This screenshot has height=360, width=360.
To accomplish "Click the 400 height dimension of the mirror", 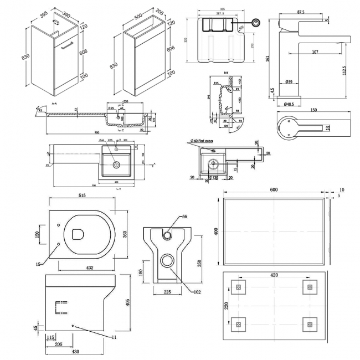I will [x=216, y=230].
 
